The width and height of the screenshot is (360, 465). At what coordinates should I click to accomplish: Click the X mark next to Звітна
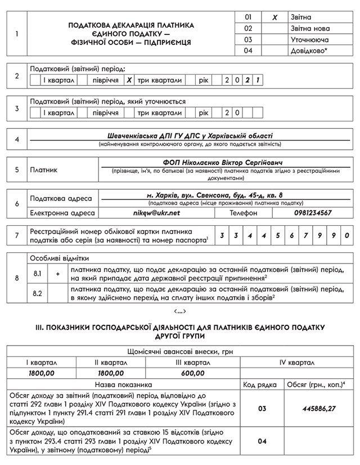[275, 17]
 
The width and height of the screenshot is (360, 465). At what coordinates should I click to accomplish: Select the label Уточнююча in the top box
[310, 39]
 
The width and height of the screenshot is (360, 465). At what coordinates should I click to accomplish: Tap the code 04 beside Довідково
[249, 51]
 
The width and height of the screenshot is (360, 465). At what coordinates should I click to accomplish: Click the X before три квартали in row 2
[129, 81]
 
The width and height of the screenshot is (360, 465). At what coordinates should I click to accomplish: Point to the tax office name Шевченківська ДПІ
[190, 136]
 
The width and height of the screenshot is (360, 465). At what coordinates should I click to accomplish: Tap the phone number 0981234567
[313, 213]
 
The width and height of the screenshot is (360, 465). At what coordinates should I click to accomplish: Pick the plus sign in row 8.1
[58, 273]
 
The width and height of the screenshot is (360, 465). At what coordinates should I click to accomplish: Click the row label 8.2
[38, 293]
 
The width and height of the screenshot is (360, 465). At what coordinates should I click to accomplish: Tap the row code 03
[262, 409]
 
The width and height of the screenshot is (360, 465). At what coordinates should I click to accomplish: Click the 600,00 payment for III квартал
[193, 373]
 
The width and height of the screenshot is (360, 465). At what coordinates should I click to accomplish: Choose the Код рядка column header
[259, 384]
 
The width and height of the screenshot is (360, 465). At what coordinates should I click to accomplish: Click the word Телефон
[244, 213]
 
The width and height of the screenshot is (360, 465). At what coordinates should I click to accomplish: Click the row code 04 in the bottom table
[262, 442]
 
